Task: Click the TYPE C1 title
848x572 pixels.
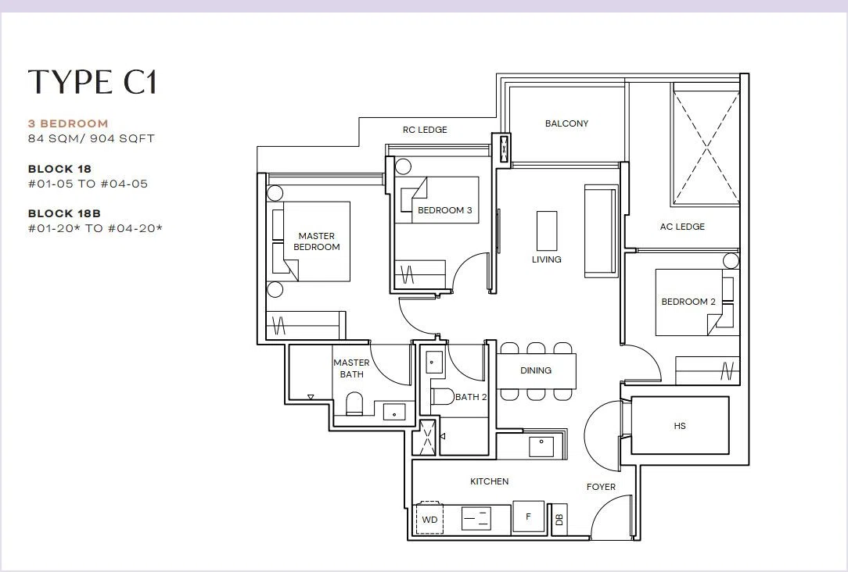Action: tap(92, 82)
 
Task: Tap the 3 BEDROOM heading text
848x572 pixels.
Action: tap(68, 123)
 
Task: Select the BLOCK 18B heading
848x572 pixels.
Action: tap(64, 213)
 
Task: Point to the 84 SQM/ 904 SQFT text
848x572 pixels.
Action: tap(92, 139)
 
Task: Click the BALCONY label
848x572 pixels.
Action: tap(567, 123)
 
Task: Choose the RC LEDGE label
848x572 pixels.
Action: tap(425, 130)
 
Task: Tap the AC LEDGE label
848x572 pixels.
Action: tap(682, 227)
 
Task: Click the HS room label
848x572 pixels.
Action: tap(680, 426)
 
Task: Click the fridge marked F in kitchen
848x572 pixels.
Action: tap(528, 517)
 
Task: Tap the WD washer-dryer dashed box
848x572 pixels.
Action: tap(429, 519)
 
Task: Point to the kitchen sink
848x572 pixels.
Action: tap(541, 447)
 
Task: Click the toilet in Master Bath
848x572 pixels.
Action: tap(355, 404)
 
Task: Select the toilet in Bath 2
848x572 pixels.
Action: tap(444, 396)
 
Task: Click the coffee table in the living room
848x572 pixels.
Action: tap(547, 231)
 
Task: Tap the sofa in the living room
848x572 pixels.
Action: tap(601, 231)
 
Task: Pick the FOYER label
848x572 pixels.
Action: tap(601, 487)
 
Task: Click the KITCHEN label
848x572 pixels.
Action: tap(490, 482)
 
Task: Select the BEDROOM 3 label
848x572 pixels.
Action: tap(444, 211)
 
